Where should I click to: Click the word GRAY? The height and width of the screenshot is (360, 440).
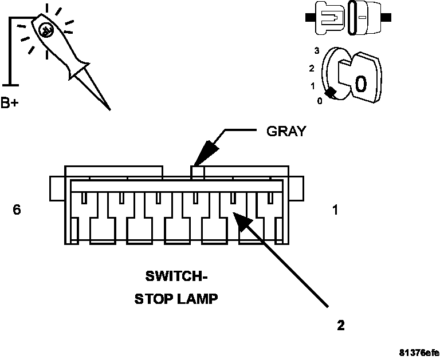(x=286, y=131)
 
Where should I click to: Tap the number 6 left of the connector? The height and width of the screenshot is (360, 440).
(x=17, y=210)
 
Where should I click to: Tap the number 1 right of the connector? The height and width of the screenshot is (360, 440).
(x=335, y=210)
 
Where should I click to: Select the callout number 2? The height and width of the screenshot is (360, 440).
(x=341, y=326)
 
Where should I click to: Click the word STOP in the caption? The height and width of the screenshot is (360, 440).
(x=155, y=299)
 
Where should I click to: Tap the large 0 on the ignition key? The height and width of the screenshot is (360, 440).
(x=360, y=84)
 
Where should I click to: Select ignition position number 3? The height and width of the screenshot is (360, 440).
(x=316, y=51)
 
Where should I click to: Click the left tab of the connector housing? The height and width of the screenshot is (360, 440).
(x=56, y=188)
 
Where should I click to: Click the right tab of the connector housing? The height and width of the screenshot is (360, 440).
(x=297, y=188)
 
